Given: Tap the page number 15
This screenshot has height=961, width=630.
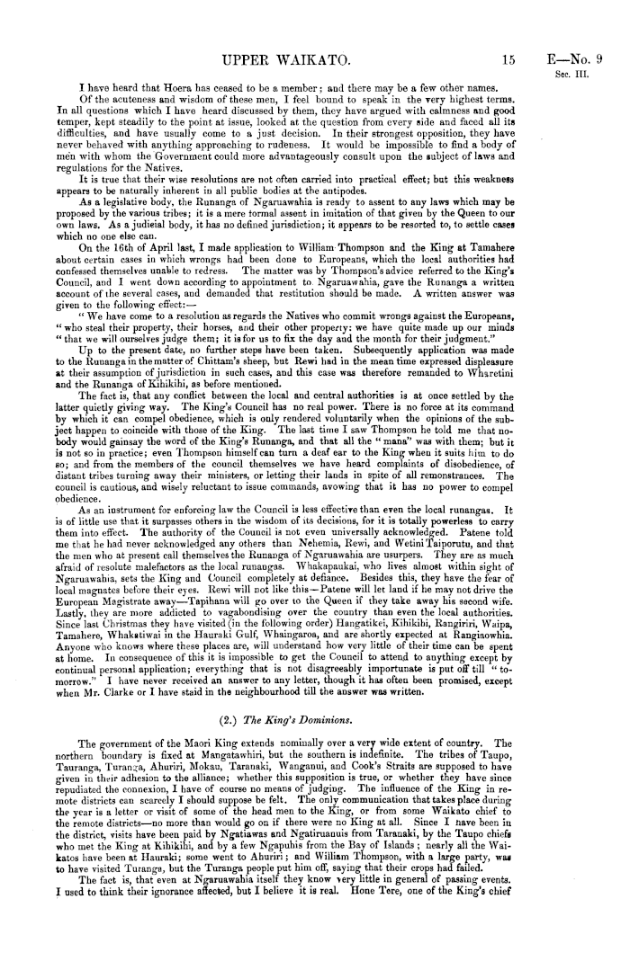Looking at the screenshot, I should point(508,35).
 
